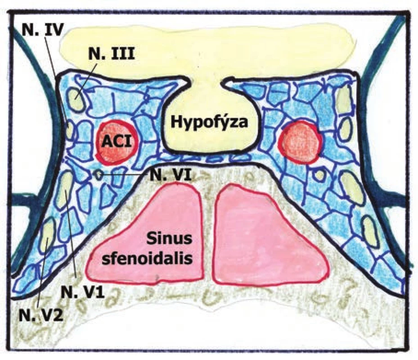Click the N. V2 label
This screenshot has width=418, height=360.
pyautogui.click(x=41, y=316)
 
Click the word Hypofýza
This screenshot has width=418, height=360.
pyautogui.click(x=210, y=122)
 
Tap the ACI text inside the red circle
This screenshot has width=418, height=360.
pyautogui.click(x=117, y=141)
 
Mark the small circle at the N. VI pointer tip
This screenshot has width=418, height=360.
pyautogui.click(x=99, y=175)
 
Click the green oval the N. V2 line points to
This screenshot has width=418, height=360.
pyautogui.click(x=48, y=233)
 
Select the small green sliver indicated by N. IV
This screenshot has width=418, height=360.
pyautogui.click(x=68, y=130)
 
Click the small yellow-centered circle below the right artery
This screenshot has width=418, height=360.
pyautogui.click(x=319, y=175)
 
